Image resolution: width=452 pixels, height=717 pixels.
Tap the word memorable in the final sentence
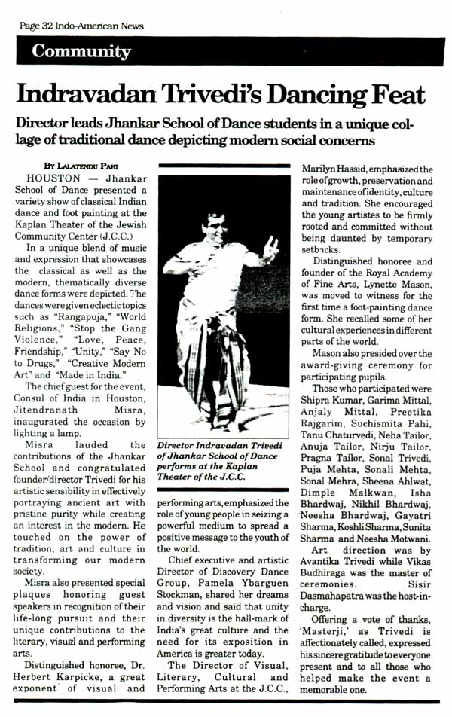point(335,690)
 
